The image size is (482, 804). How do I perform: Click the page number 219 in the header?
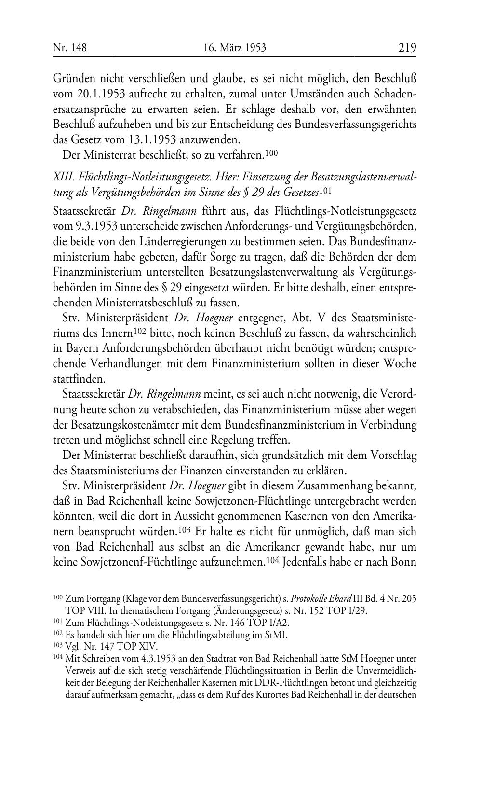point(407,47)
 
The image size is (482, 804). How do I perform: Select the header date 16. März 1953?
point(235,47)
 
